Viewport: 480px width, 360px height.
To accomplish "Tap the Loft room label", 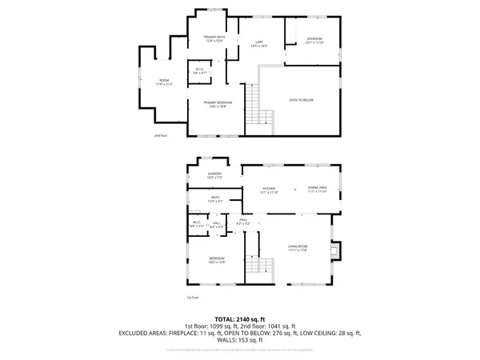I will [x=258, y=43].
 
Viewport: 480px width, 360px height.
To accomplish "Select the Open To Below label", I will [x=302, y=100].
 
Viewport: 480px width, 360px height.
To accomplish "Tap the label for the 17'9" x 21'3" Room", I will [x=164, y=81].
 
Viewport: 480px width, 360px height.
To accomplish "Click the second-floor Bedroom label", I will [x=314, y=39].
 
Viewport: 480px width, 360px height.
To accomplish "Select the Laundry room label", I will [x=214, y=174].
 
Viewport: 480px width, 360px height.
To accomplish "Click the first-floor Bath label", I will [x=214, y=198].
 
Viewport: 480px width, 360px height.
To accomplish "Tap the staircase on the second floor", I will [x=255, y=103].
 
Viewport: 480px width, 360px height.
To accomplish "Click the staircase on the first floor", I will [x=257, y=266].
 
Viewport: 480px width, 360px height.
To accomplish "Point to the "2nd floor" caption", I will [x=160, y=136].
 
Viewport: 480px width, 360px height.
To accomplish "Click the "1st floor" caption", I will [x=192, y=298].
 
